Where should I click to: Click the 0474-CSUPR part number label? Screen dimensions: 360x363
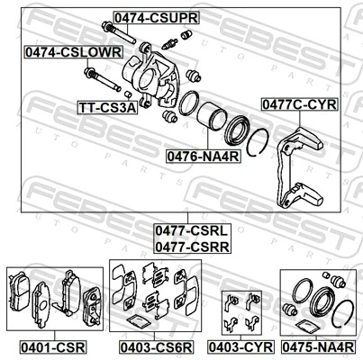pos(155,17)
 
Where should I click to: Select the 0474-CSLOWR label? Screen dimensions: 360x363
pos(72,53)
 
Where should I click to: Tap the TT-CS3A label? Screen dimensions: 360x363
pos(106,107)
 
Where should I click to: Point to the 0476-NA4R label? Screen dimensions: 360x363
pos(203,155)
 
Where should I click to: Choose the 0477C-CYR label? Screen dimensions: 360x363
pos(299,104)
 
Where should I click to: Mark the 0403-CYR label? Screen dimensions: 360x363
pos(240,345)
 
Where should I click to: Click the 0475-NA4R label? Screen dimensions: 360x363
pos(318,345)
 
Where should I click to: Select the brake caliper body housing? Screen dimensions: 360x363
pos(158,76)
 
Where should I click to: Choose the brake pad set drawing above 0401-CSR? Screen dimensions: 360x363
pos(52,298)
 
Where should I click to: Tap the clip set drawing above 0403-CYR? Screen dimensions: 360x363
pos(240,310)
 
